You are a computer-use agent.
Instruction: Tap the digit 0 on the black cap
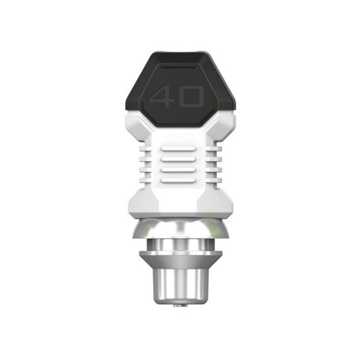191,97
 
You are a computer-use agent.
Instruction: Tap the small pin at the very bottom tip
179,306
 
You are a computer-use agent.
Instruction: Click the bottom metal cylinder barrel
180,281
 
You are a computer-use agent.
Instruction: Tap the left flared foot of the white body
139,201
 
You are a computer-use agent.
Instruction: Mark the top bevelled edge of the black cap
180,56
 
